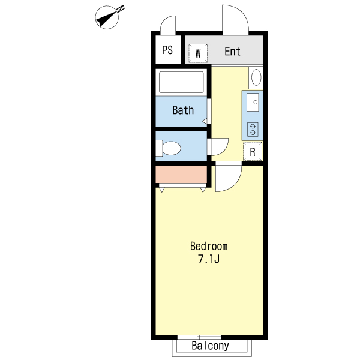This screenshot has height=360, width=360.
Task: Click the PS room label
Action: pyautogui.click(x=167, y=50)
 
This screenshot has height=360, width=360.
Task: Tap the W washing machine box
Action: pyautogui.click(x=198, y=53)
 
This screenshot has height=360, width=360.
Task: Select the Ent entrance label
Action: pyautogui.click(x=232, y=51)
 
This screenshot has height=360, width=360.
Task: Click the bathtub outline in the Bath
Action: pyautogui.click(x=181, y=82)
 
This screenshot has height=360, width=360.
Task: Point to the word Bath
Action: pyautogui.click(x=183, y=110)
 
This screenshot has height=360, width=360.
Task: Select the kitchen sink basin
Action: pyautogui.click(x=253, y=102)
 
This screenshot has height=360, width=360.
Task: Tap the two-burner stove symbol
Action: pyautogui.click(x=253, y=129)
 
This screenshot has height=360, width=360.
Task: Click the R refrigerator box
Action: pyautogui.click(x=253, y=152)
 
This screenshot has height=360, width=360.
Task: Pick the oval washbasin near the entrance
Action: pyautogui.click(x=256, y=77)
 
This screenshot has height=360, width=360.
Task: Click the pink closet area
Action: pyautogui.click(x=181, y=174)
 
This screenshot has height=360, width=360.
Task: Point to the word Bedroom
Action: pyautogui.click(x=209, y=246)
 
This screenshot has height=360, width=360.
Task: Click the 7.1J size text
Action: pyautogui.click(x=209, y=259)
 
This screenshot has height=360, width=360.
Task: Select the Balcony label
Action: pyautogui.click(x=211, y=346)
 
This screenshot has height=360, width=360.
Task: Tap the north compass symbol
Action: pyautogui.click(x=108, y=17)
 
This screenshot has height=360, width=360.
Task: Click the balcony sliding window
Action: pyautogui.click(x=199, y=337)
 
